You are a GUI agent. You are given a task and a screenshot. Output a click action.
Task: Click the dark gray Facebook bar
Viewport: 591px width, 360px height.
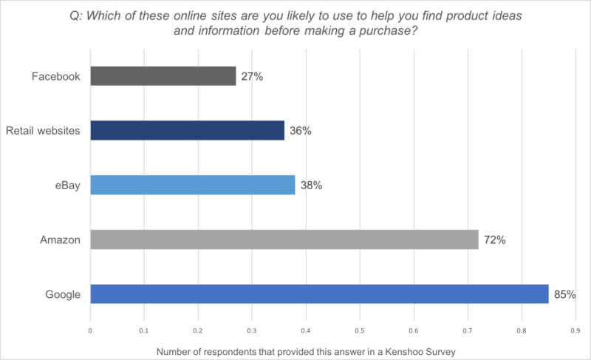click(163, 75)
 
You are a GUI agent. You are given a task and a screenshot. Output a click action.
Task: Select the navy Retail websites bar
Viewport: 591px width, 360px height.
click(187, 130)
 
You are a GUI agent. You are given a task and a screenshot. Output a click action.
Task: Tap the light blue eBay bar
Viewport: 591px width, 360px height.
click(192, 185)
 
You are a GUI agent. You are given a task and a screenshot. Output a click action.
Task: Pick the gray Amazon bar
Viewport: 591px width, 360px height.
click(284, 240)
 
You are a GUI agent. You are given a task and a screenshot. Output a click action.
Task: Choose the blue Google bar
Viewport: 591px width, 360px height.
click(319, 294)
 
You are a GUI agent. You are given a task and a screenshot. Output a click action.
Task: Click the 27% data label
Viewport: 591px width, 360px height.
click(252, 76)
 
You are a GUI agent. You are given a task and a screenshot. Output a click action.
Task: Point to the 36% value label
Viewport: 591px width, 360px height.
click(301, 131)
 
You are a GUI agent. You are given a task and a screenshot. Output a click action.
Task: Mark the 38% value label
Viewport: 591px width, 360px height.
click(311, 186)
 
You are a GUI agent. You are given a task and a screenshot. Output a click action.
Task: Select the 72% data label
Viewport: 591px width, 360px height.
click(494, 240)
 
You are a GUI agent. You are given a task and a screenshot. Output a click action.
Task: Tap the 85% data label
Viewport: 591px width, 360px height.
click(564, 295)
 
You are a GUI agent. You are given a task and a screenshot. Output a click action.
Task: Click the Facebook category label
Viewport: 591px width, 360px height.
click(56, 76)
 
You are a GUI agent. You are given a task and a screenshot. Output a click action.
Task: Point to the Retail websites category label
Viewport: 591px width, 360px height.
click(43, 131)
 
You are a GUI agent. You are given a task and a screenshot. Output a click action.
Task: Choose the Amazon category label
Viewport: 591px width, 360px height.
click(60, 240)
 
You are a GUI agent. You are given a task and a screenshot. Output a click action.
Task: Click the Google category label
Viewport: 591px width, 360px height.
click(62, 295)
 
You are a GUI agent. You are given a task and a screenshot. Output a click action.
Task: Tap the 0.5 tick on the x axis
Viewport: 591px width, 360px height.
click(360, 332)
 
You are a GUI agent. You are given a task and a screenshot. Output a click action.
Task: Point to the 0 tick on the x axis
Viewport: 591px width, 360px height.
click(90, 332)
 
